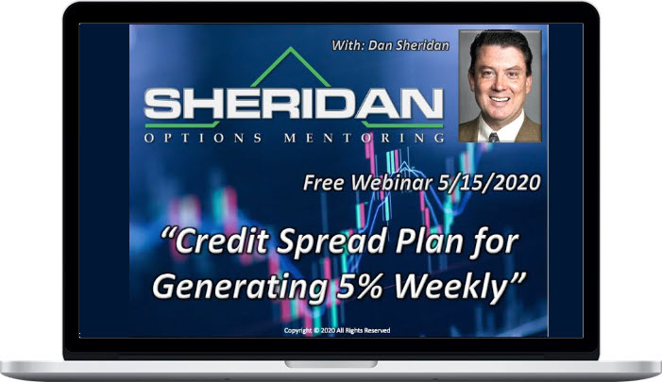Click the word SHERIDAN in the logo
[x=294, y=105]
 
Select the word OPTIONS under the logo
[x=203, y=138]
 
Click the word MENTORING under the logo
[x=365, y=138]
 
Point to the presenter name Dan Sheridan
[x=408, y=45]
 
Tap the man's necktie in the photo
[x=493, y=137]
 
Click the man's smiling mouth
[x=500, y=100]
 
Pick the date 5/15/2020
[x=489, y=183]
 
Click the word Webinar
[x=392, y=183]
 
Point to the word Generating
[x=239, y=288]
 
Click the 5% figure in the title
[x=359, y=286]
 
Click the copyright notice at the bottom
[x=337, y=330]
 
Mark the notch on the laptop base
[x=331, y=364]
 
